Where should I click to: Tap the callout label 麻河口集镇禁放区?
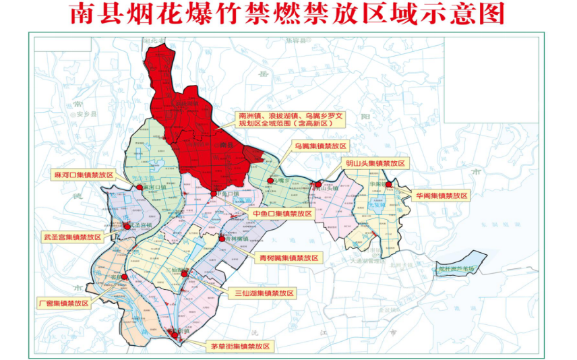tap(83, 175)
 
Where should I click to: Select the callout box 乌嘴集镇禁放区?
tap(321, 146)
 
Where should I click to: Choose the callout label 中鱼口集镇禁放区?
tap(282, 214)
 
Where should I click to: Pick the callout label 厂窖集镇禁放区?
tap(64, 303)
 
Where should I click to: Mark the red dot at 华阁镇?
tap(389, 183)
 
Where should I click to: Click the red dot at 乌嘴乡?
tap(271, 181)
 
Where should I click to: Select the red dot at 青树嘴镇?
tap(222, 239)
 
